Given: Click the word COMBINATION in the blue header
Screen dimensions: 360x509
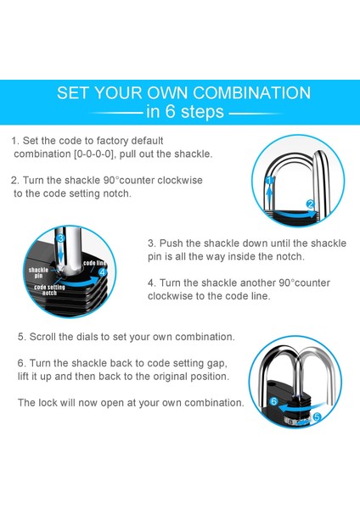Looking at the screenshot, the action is [252, 92].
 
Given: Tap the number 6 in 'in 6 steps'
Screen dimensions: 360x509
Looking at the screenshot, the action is [171, 111].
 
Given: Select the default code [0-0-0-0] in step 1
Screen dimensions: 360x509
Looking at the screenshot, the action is [94, 154].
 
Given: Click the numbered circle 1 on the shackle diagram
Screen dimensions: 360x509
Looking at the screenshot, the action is [269, 180].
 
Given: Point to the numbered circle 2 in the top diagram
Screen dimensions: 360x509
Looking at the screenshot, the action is [311, 204].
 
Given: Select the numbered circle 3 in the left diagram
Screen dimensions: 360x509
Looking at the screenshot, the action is [60, 238].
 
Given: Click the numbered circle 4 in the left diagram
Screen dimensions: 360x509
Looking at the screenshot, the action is [103, 272].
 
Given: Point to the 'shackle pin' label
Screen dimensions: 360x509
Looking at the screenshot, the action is [38, 272].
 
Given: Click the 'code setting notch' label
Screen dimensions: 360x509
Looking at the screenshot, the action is [49, 290].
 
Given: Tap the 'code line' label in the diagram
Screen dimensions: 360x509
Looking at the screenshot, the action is [95, 263].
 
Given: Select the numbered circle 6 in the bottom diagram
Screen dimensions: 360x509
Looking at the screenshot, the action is [273, 401].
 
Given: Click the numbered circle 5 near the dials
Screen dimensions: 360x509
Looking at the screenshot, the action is [317, 417].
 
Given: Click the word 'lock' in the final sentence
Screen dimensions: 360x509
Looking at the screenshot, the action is [48, 403].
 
